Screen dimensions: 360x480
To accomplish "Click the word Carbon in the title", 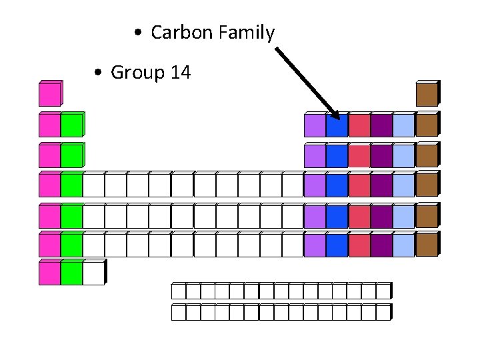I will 179,32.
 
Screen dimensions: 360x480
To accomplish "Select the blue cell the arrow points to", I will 337,126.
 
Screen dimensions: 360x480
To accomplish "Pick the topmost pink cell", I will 49,95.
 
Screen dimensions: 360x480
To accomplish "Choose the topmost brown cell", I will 426,95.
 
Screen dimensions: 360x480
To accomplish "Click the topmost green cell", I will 71,126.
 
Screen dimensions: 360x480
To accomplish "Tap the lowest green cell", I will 71,273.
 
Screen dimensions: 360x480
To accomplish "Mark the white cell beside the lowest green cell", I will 93,273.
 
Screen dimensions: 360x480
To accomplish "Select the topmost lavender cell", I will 315,126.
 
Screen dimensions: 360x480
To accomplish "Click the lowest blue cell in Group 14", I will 337,245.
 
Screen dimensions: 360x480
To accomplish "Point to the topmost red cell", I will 359,126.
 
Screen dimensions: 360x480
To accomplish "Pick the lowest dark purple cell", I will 381,245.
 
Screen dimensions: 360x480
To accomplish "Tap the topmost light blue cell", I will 403,126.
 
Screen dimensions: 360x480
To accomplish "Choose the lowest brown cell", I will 426,245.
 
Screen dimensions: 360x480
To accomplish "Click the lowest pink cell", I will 49,273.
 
